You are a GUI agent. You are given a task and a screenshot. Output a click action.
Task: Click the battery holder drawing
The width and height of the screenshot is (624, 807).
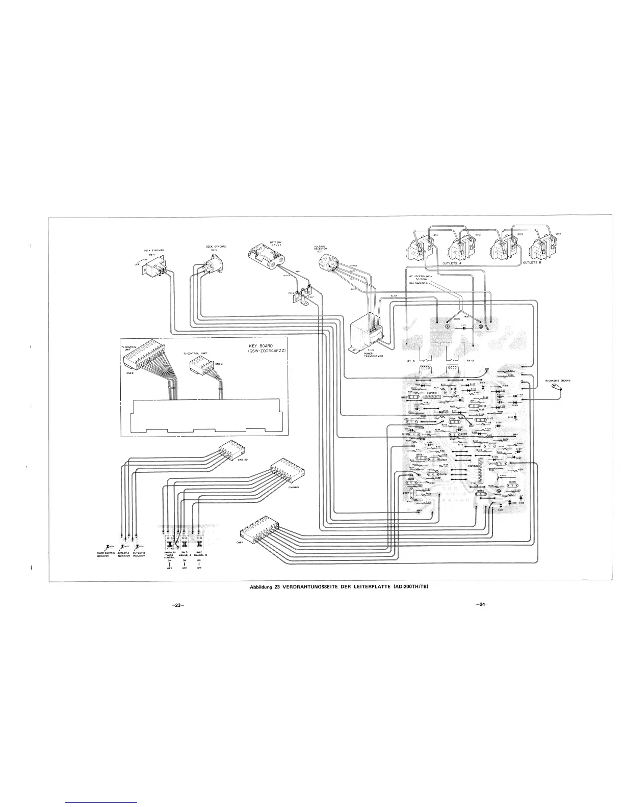tap(265, 255)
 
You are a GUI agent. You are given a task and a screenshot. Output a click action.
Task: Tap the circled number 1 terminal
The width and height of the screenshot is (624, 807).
tap(447, 327)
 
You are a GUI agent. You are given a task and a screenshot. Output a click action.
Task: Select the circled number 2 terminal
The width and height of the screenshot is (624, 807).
tap(479, 327)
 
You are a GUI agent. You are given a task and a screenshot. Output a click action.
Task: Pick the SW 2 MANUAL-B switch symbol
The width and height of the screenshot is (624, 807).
tap(200, 542)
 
